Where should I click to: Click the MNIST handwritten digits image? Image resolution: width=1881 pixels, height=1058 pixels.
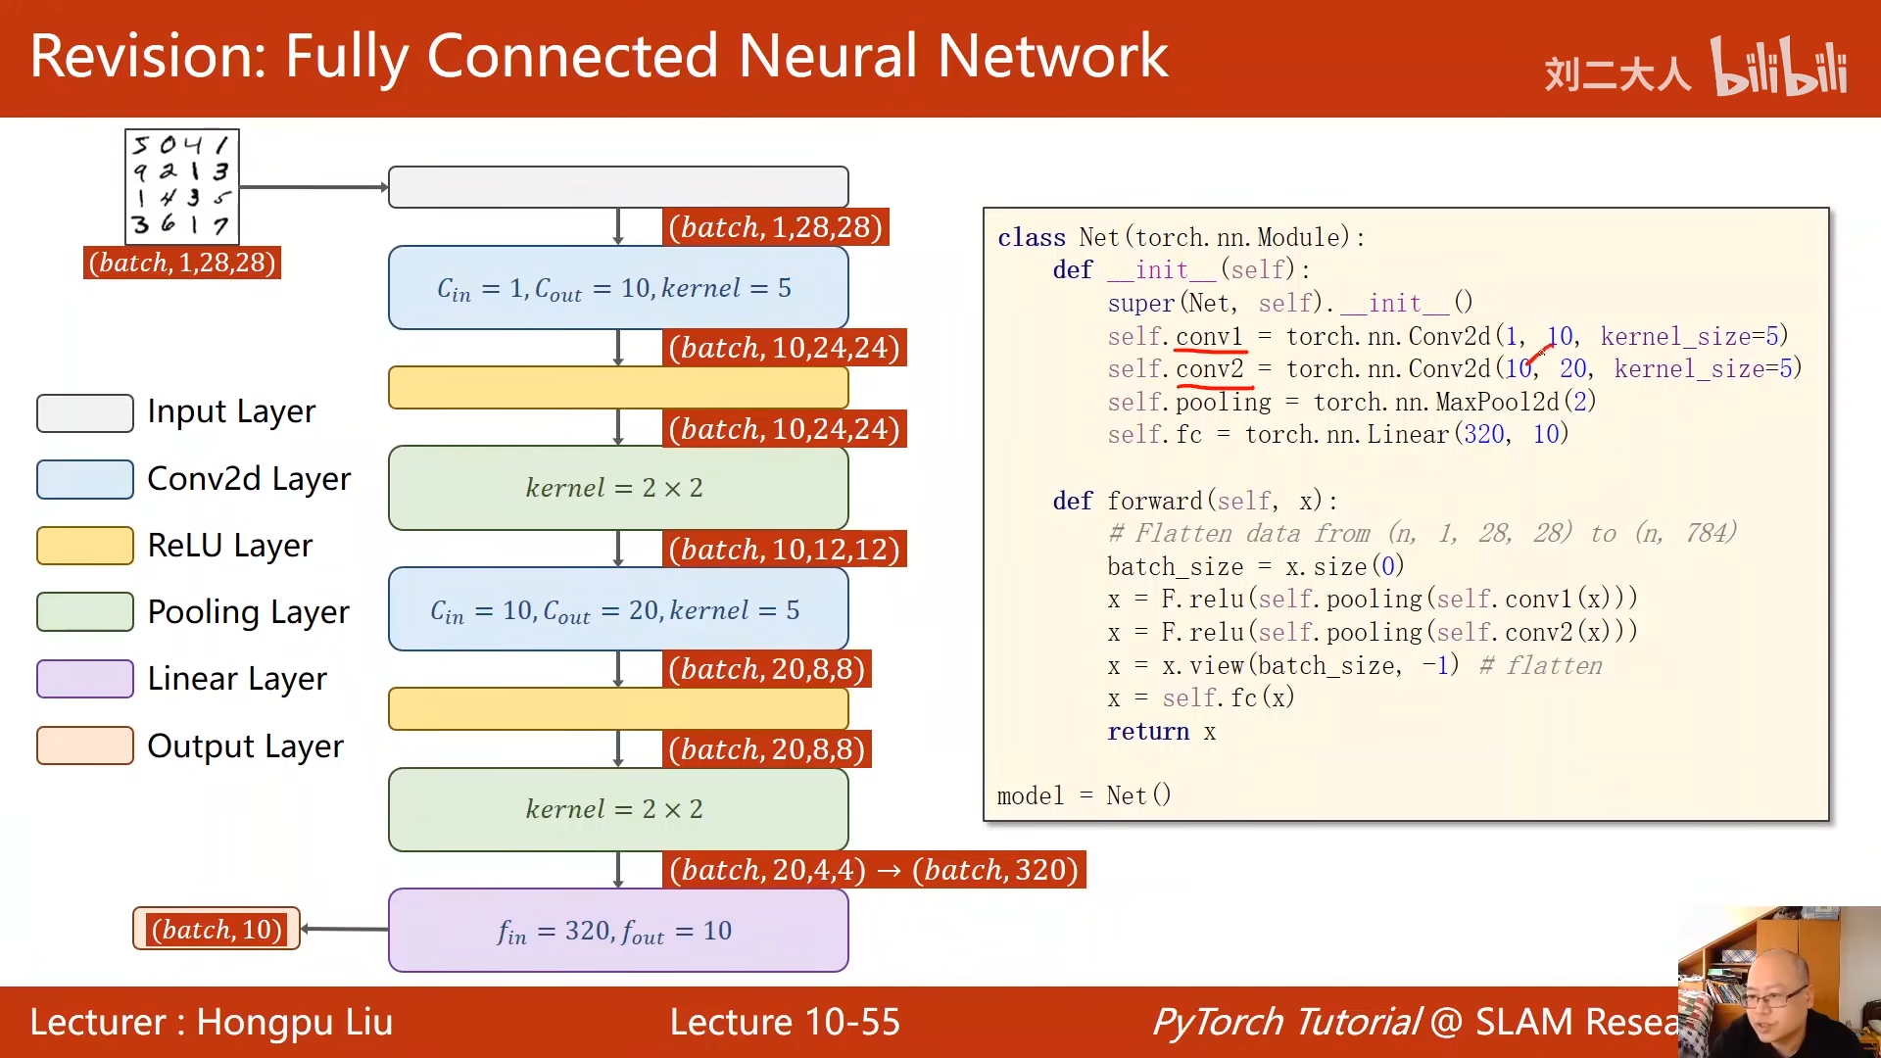(x=182, y=186)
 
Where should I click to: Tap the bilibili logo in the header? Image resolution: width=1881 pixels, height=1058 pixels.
(x=1778, y=67)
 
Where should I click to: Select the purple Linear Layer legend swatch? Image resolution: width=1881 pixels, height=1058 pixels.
(x=85, y=679)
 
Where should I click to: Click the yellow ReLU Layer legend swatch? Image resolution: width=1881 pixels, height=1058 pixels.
(x=85, y=546)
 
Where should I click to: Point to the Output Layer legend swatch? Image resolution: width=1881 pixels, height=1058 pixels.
(x=85, y=745)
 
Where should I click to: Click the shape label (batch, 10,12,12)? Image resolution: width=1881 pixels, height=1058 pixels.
(x=784, y=550)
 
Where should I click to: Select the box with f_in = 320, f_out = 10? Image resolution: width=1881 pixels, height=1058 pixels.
(x=618, y=931)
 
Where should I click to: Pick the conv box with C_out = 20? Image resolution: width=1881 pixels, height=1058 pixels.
(x=618, y=610)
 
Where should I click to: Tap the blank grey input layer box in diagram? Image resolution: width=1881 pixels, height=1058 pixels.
(x=618, y=187)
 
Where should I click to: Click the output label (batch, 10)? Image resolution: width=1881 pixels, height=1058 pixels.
(x=217, y=929)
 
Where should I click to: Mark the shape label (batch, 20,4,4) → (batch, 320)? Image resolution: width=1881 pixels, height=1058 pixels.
(x=874, y=870)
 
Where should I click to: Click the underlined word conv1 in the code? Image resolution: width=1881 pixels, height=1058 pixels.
(x=1209, y=337)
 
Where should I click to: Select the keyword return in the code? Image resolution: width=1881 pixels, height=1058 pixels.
(x=1148, y=732)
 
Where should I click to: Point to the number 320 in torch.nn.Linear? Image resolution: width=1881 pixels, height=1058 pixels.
(x=1484, y=434)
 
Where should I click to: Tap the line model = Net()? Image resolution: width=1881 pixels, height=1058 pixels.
(x=1084, y=795)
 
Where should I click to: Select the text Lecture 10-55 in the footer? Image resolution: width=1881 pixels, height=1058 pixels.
(x=785, y=1022)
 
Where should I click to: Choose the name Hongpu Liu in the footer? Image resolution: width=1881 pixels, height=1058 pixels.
(x=294, y=1022)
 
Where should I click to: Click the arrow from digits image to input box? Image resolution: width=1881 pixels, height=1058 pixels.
(x=313, y=187)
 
